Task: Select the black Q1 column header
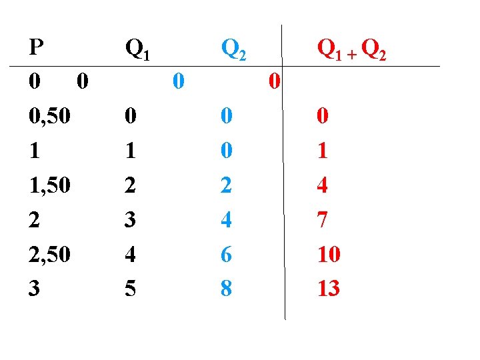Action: click(x=137, y=49)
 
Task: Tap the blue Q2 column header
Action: click(x=234, y=49)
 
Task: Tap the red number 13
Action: click(x=329, y=288)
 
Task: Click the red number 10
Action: click(x=329, y=254)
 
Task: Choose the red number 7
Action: click(x=323, y=220)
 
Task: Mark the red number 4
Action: click(x=323, y=186)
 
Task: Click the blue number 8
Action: click(x=227, y=288)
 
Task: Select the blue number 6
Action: click(x=227, y=254)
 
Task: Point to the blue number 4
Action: click(x=227, y=220)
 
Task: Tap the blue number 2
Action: click(x=227, y=186)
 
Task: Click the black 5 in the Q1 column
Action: click(x=131, y=288)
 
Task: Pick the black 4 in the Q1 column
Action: click(x=131, y=254)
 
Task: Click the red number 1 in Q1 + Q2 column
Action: click(x=323, y=151)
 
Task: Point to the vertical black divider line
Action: click(x=285, y=200)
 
